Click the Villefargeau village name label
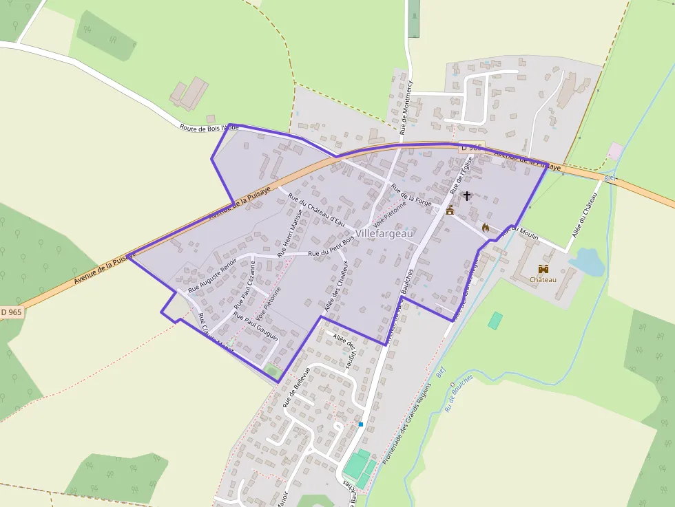385,234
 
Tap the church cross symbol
467,196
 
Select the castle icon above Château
543,269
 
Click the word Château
543,280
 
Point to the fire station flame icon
486,227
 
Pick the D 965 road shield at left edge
10,312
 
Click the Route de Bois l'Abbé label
209,128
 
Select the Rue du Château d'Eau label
316,209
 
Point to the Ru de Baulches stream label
459,393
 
